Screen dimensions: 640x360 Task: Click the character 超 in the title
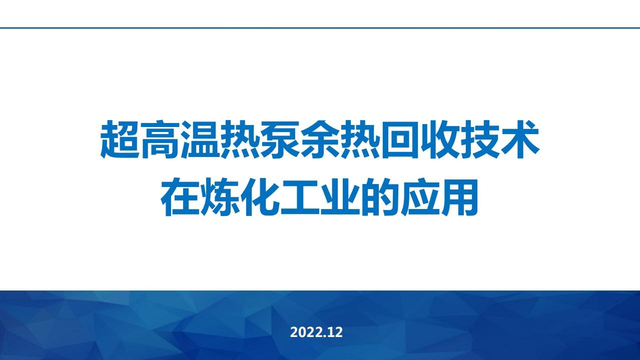120,139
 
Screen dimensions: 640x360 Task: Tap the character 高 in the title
160,139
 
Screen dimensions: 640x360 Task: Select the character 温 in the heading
200,139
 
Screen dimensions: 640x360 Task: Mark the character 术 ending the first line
520,139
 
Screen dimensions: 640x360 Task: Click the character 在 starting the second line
180,197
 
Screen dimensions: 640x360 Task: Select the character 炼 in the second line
220,197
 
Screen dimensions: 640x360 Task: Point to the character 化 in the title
260,197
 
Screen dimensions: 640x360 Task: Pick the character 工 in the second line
300,197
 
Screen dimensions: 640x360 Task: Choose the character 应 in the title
420,197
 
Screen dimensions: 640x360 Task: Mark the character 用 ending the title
460,197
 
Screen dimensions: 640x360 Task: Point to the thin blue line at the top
320,28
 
